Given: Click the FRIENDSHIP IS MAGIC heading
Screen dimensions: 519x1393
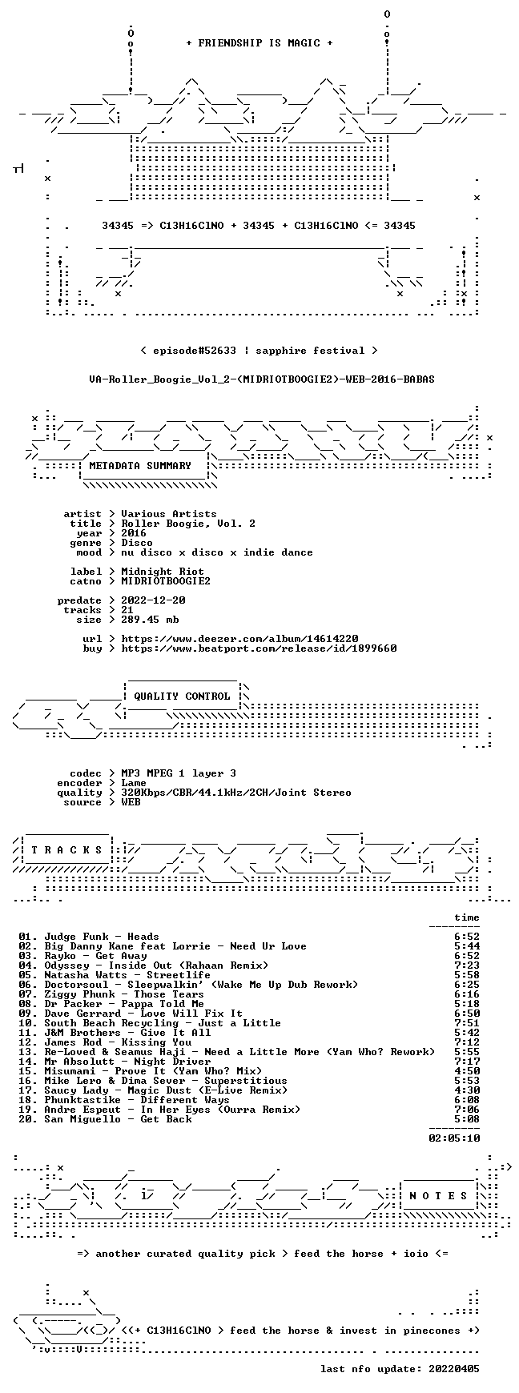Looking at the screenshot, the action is pyautogui.click(x=259, y=43).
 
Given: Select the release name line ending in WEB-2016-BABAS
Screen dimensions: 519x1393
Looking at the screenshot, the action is pyautogui.click(x=262, y=379).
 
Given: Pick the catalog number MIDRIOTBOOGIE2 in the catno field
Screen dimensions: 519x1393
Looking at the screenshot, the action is pyautogui.click(x=166, y=581).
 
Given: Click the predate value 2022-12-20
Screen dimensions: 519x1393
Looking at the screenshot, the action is pyautogui.click(x=153, y=600).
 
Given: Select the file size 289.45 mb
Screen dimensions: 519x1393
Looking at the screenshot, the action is pyautogui.click(x=150, y=620).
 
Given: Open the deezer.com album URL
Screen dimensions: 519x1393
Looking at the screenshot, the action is pyautogui.click(x=239, y=639).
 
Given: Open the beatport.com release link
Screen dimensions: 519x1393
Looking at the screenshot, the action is pyautogui.click(x=259, y=648).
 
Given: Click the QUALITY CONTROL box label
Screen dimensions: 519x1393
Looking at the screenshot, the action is pyautogui.click(x=182, y=696).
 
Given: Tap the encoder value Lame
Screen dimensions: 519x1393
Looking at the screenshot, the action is pyautogui.click(x=134, y=783).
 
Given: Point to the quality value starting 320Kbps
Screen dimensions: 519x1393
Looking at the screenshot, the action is pyautogui.click(x=236, y=793).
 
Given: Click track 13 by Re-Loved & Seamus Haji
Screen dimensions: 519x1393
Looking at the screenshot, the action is pyautogui.click(x=227, y=1052).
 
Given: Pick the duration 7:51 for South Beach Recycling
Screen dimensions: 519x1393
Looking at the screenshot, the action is pyautogui.click(x=467, y=1023).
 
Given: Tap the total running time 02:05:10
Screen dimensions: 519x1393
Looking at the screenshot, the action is pyautogui.click(x=454, y=1138).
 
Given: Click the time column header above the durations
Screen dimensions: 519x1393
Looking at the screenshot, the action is pyautogui.click(x=467, y=917).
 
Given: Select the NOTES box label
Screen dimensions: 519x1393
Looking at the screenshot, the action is pyautogui.click(x=438, y=1196).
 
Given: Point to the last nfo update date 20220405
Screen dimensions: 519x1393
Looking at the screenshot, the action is pyautogui.click(x=454, y=1369).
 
